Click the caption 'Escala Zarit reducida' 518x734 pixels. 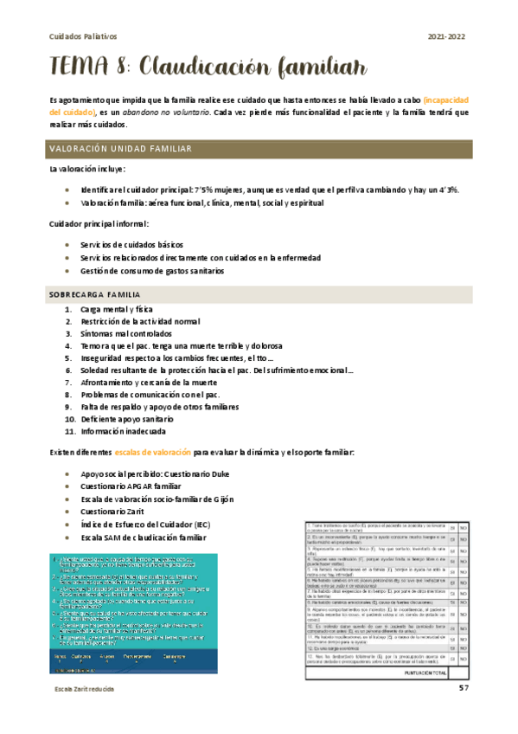(85, 688)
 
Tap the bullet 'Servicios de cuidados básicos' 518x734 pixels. (131, 245)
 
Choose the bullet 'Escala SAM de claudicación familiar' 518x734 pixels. (146, 537)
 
